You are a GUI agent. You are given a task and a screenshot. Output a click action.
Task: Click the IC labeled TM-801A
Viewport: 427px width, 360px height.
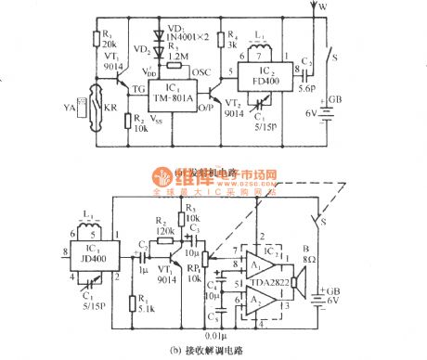pyautogui.click(x=168, y=90)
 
